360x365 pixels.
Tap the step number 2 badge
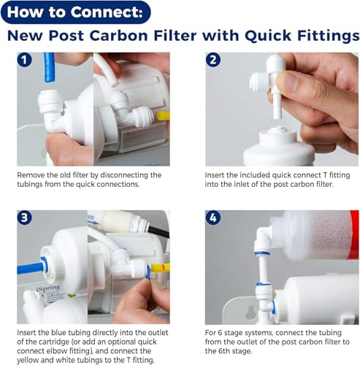click(x=214, y=61)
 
